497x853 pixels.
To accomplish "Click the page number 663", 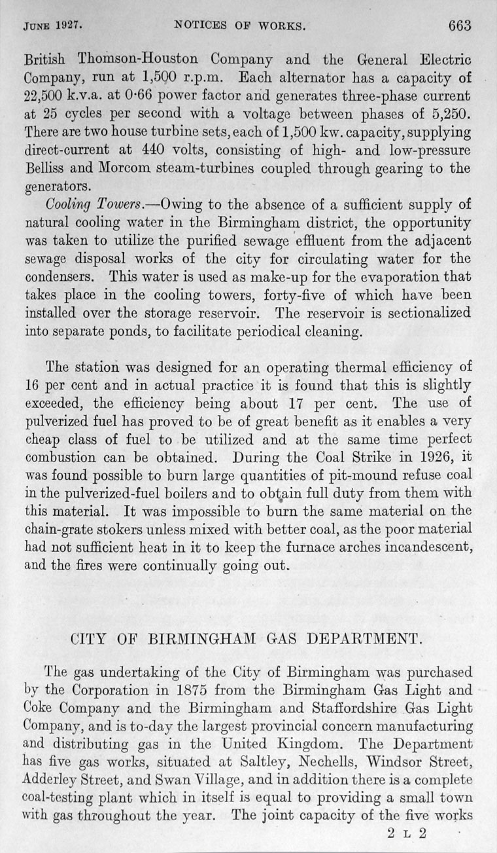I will point(459,26).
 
